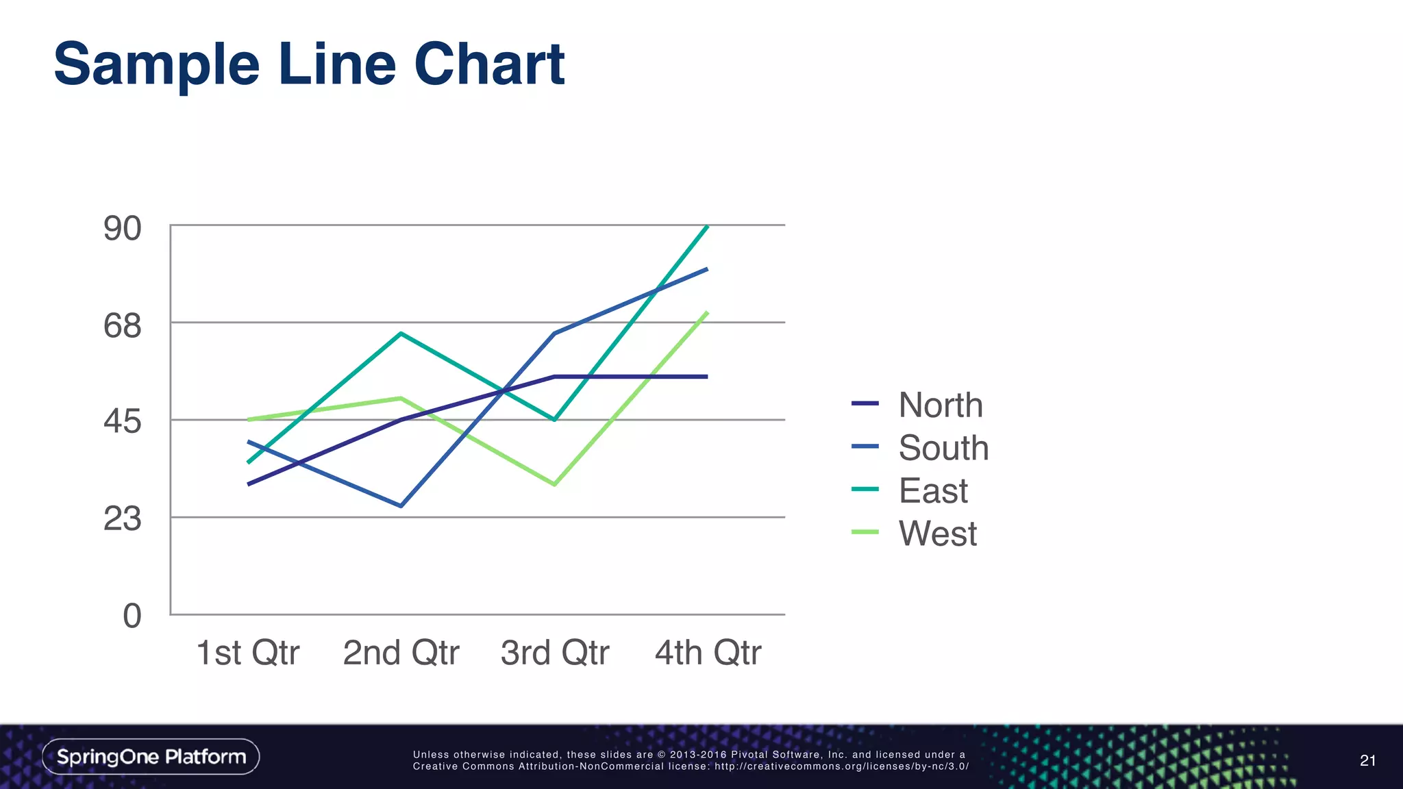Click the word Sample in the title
(x=156, y=65)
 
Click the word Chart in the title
(x=489, y=64)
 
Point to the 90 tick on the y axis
(x=122, y=228)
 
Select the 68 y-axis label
(x=122, y=326)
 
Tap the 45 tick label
(x=122, y=421)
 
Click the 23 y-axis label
(x=122, y=519)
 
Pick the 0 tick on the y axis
(x=132, y=616)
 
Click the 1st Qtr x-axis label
(x=247, y=653)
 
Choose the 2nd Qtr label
(x=401, y=653)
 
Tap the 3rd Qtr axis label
(x=554, y=653)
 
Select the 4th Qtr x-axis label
(x=708, y=653)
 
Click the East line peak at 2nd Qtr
(x=401, y=334)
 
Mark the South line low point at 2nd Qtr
(x=401, y=506)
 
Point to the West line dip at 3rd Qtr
(x=554, y=484)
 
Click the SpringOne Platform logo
(x=151, y=757)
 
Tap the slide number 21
(x=1367, y=760)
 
